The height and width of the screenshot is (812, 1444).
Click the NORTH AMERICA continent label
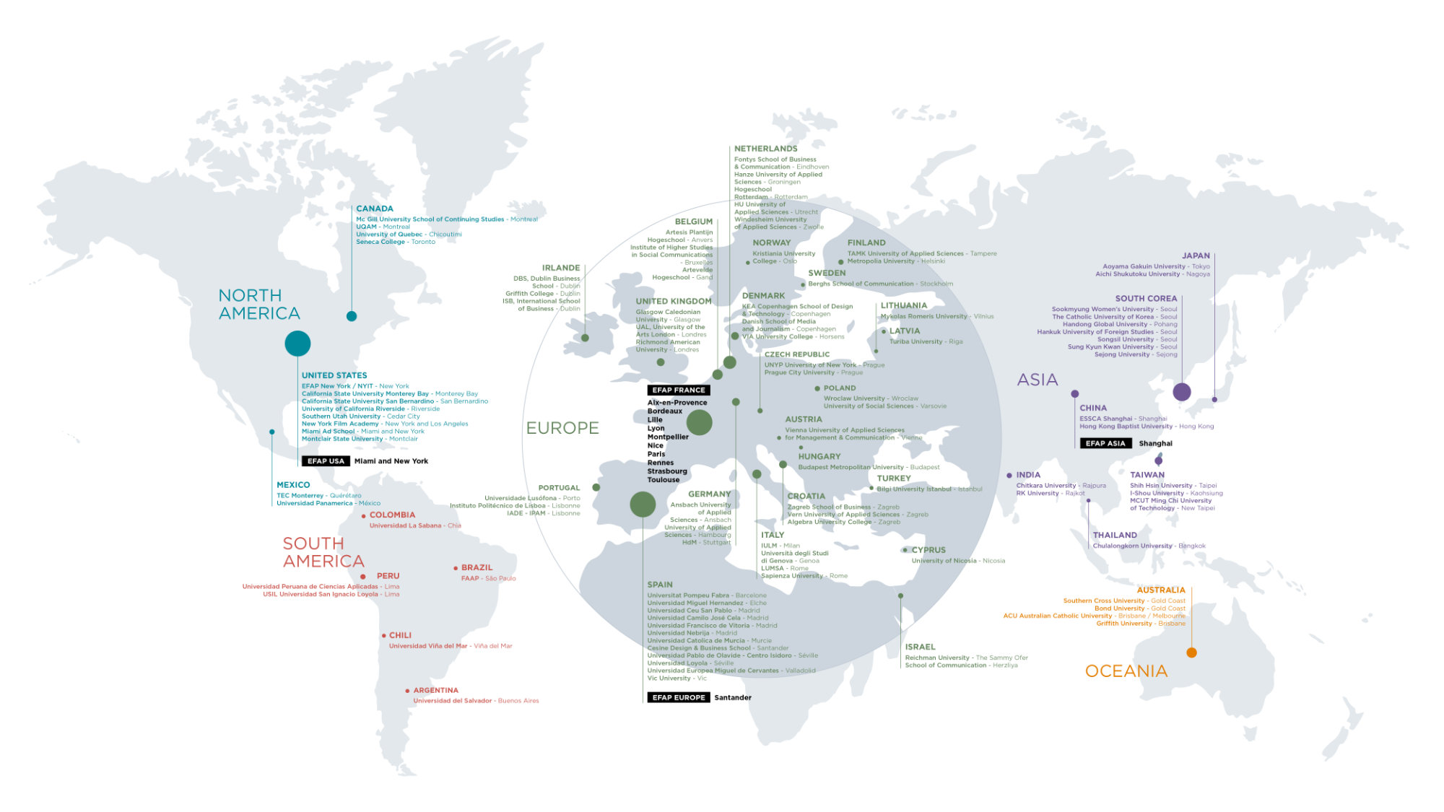pos(259,305)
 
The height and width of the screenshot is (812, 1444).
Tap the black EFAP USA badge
pos(326,461)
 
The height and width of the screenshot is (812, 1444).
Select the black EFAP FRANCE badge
pos(679,390)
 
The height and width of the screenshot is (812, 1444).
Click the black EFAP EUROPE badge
pos(679,698)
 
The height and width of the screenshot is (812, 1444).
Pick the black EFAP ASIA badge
pos(1105,444)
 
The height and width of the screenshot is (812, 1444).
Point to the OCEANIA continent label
pos(1126,671)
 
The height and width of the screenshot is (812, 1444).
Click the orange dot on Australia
pos(1191,652)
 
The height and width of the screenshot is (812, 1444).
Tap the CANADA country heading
pos(375,209)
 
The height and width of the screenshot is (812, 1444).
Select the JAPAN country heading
pos(1196,256)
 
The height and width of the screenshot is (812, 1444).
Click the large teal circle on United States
pos(297,344)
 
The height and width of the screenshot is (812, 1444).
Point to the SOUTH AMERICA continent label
pos(323,552)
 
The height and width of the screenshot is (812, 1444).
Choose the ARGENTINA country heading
pos(435,691)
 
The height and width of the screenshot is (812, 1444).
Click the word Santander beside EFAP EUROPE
pos(733,698)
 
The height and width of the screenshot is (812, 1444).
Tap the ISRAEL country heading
pos(920,647)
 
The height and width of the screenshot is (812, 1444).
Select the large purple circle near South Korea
pos(1182,392)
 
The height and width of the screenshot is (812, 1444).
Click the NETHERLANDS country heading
pos(766,149)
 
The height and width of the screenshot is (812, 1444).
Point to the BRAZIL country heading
pos(477,568)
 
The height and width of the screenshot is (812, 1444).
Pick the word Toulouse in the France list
pos(664,480)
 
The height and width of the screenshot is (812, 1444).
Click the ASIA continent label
pos(1038,380)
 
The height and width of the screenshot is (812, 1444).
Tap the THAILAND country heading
pos(1115,536)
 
